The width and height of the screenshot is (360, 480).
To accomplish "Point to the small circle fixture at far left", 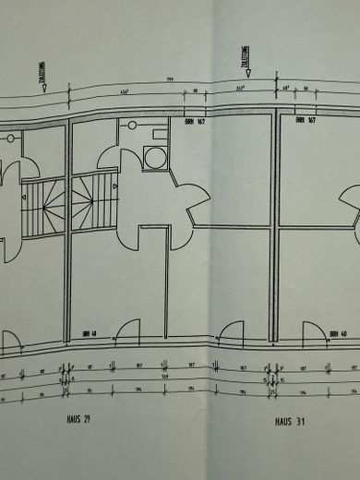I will pos(10,138).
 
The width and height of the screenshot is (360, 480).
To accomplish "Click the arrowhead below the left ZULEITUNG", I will pos(70,89).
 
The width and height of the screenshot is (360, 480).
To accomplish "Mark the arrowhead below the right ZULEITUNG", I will pos(276,83).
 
